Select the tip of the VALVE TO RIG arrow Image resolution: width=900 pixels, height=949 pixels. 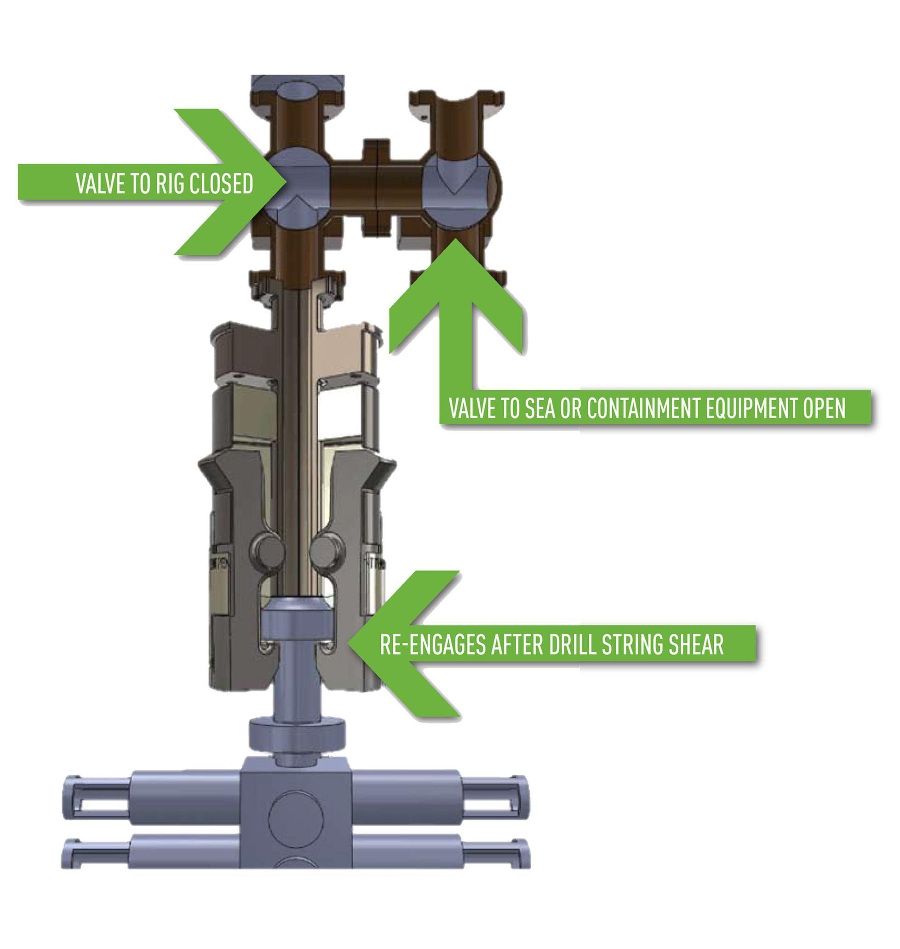287,182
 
